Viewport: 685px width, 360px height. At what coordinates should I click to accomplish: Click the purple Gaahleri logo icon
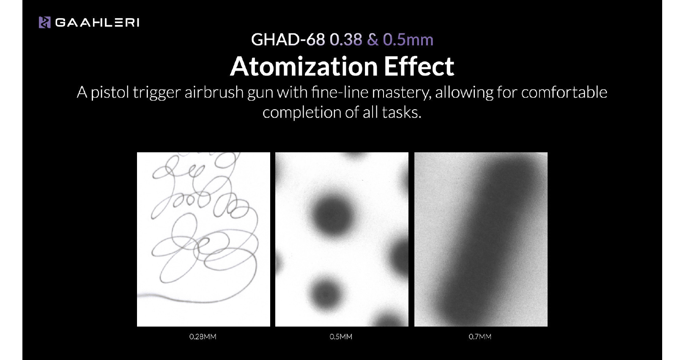coord(45,22)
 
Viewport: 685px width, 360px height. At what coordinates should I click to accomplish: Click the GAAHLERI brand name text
coord(97,23)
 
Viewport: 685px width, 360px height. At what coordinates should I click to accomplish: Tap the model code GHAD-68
coord(288,39)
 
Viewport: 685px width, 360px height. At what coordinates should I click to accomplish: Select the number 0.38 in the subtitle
coord(346,39)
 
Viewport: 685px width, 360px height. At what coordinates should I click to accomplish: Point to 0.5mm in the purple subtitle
coord(408,40)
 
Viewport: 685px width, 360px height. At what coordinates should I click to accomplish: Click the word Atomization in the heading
coord(304,66)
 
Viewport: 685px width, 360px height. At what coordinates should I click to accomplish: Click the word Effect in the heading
coord(419,66)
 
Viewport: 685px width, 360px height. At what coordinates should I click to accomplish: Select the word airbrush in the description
coord(214,92)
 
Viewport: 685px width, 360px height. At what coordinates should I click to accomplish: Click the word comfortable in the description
coord(564,92)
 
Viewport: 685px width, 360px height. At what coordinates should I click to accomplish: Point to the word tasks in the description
coord(402,112)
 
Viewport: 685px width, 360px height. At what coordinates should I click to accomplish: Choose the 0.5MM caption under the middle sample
coord(341,337)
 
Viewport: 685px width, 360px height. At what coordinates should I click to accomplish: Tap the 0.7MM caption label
coord(480,337)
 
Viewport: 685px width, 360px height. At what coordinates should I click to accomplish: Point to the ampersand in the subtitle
coord(373,40)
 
